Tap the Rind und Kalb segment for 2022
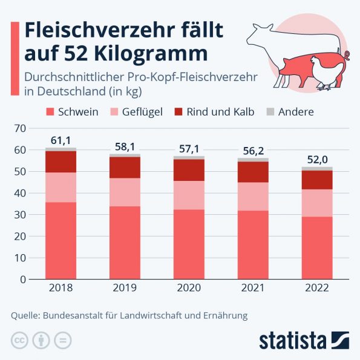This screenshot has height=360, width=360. pyautogui.click(x=317, y=180)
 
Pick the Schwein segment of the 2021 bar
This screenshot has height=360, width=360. pyautogui.click(x=253, y=244)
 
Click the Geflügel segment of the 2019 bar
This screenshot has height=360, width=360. pyautogui.click(x=125, y=192)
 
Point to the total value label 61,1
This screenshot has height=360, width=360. pyautogui.click(x=61, y=141)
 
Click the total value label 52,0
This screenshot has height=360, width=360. pyautogui.click(x=317, y=160)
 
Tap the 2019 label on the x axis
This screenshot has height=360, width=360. pyautogui.click(x=125, y=288)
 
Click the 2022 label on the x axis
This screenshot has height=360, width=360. pyautogui.click(x=317, y=288)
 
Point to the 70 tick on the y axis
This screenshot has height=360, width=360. pyautogui.click(x=20, y=128)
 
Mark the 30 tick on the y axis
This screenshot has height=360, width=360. pyautogui.click(x=20, y=215)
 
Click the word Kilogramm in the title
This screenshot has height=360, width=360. pyautogui.click(x=152, y=53)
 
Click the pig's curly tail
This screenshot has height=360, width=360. pyautogui.click(x=347, y=56)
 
